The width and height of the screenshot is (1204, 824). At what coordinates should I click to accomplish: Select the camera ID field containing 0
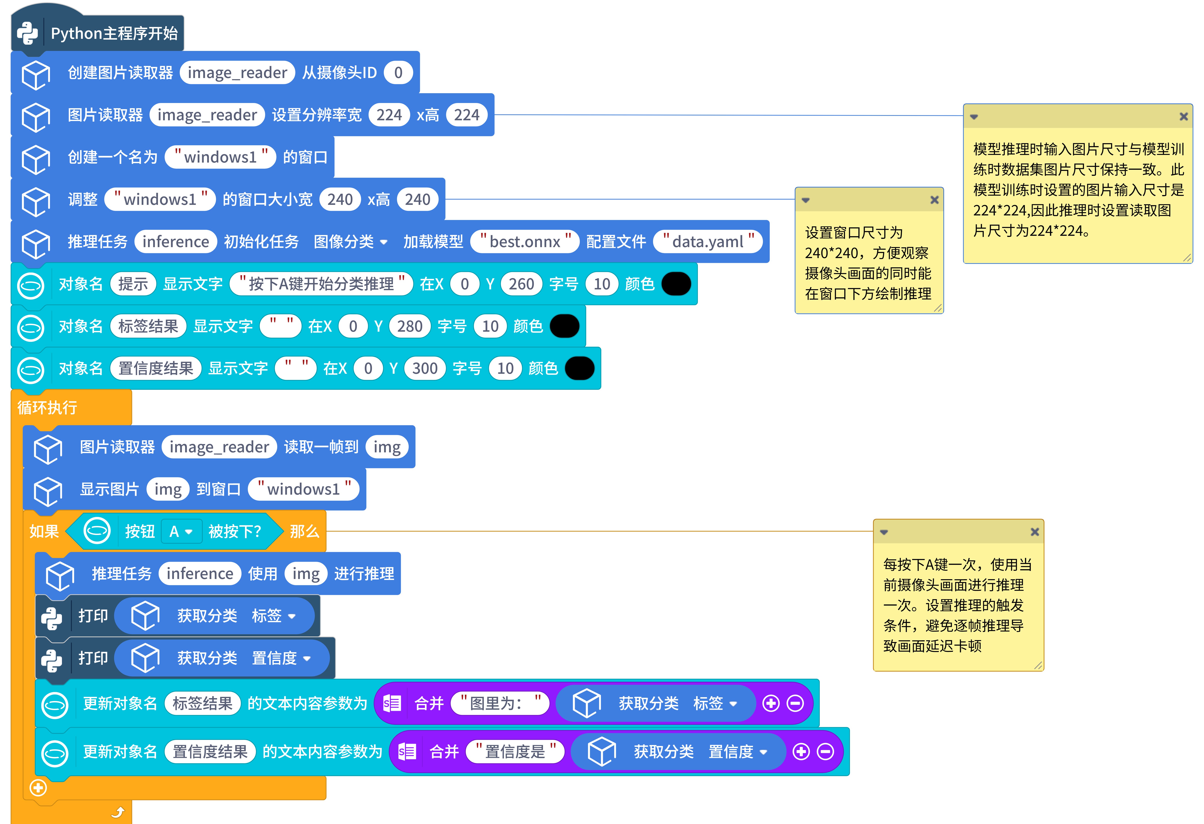(x=398, y=72)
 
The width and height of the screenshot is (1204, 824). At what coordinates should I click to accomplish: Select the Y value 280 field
(x=409, y=326)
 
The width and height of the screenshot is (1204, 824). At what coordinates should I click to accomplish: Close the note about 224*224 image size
(x=1183, y=116)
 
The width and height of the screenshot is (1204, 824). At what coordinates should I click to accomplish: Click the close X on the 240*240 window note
(x=934, y=200)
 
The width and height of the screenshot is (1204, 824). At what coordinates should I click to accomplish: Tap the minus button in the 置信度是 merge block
(x=825, y=752)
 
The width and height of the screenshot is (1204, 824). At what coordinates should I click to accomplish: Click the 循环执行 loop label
(x=47, y=408)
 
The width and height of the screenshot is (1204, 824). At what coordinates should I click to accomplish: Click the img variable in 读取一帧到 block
(x=386, y=447)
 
